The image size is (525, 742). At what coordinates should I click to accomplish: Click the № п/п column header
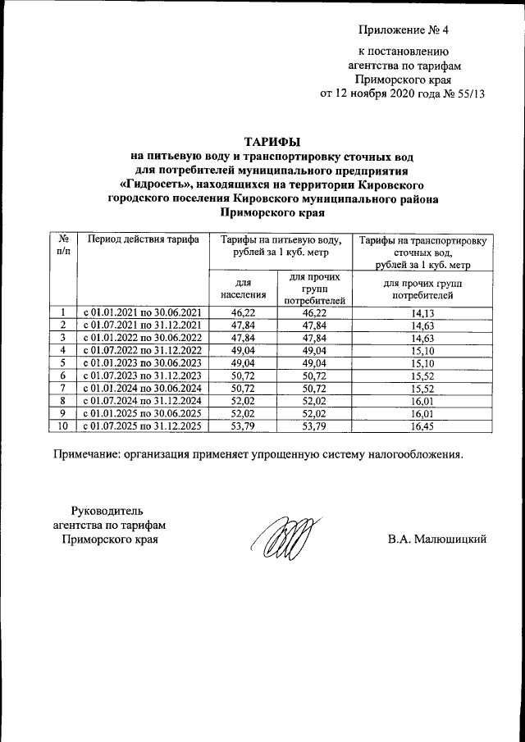tap(63, 245)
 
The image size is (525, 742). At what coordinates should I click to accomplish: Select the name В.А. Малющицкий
tap(438, 539)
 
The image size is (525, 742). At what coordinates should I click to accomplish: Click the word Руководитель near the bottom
tap(107, 511)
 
